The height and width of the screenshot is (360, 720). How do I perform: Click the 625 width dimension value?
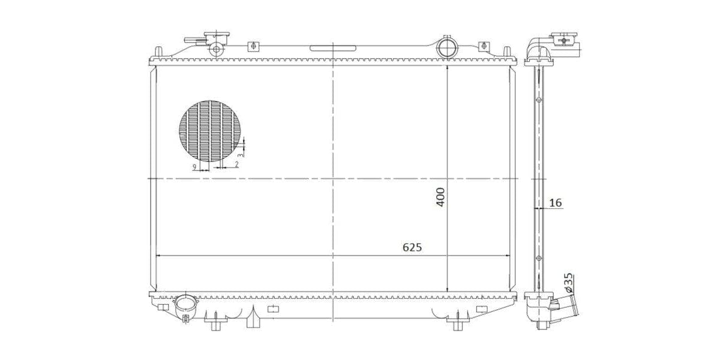point(412,247)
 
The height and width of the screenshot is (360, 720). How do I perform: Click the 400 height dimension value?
point(440,197)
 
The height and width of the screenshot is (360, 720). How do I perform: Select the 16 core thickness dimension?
point(556,203)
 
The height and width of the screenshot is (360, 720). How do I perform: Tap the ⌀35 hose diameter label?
point(568,283)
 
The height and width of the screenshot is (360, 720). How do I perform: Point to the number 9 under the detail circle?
point(194,167)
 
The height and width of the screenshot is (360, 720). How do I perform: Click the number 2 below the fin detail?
point(237,164)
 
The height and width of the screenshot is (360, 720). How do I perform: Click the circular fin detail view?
point(209,131)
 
